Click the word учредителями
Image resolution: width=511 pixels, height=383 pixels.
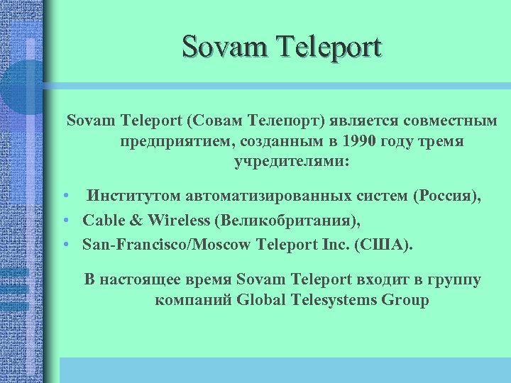(x=292, y=162)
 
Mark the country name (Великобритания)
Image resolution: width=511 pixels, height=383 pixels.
(x=290, y=221)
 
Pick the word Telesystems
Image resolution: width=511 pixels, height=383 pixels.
(x=334, y=300)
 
